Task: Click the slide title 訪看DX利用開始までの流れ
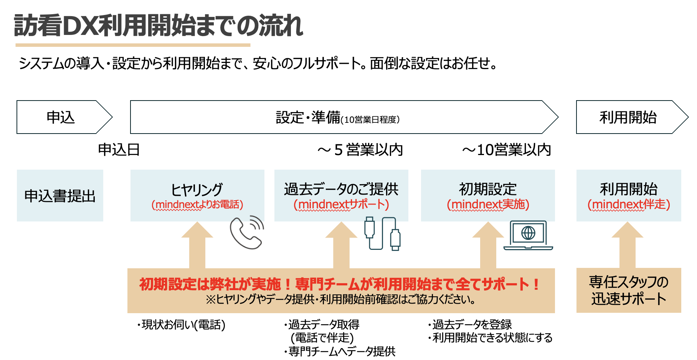(x=158, y=26)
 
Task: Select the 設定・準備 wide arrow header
(x=338, y=117)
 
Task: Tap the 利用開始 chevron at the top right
(x=629, y=117)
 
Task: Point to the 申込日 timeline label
(x=119, y=150)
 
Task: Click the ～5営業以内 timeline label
(x=360, y=150)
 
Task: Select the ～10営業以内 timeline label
(x=507, y=150)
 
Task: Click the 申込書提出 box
(x=60, y=196)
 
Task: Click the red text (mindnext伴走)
(x=629, y=205)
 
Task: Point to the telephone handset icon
(x=247, y=233)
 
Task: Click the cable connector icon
(x=382, y=234)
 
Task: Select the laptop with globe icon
(x=528, y=235)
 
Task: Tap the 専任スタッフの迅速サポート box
(x=629, y=291)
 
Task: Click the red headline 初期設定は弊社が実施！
(x=339, y=284)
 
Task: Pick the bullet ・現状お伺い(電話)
(x=181, y=325)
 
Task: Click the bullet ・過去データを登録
(x=470, y=325)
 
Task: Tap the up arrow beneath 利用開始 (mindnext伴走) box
(x=628, y=246)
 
